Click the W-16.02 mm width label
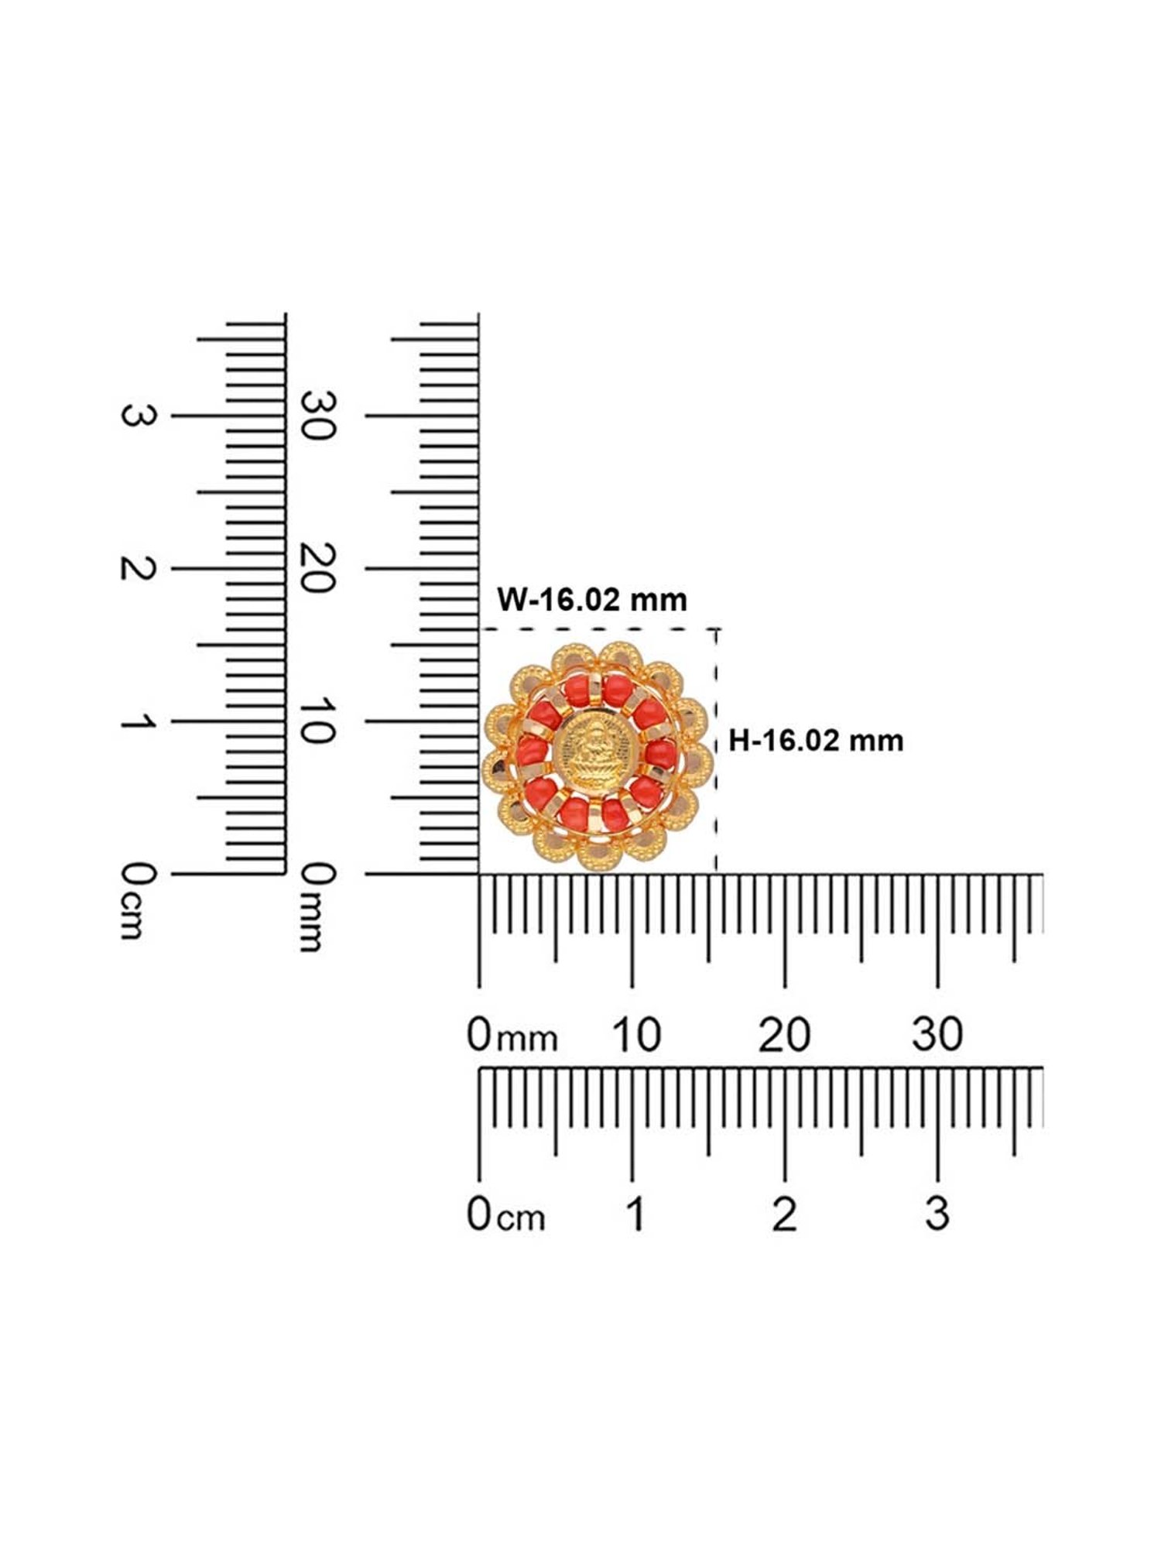[x=592, y=600]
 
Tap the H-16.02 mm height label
[x=816, y=741]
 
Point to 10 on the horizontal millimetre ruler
[x=636, y=1035]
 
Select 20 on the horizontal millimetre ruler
[x=785, y=1035]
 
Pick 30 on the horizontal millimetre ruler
[x=937, y=1035]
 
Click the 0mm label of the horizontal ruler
[x=512, y=1036]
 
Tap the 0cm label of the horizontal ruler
[x=506, y=1214]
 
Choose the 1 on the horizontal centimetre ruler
[x=635, y=1214]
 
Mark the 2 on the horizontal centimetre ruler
[x=784, y=1214]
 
